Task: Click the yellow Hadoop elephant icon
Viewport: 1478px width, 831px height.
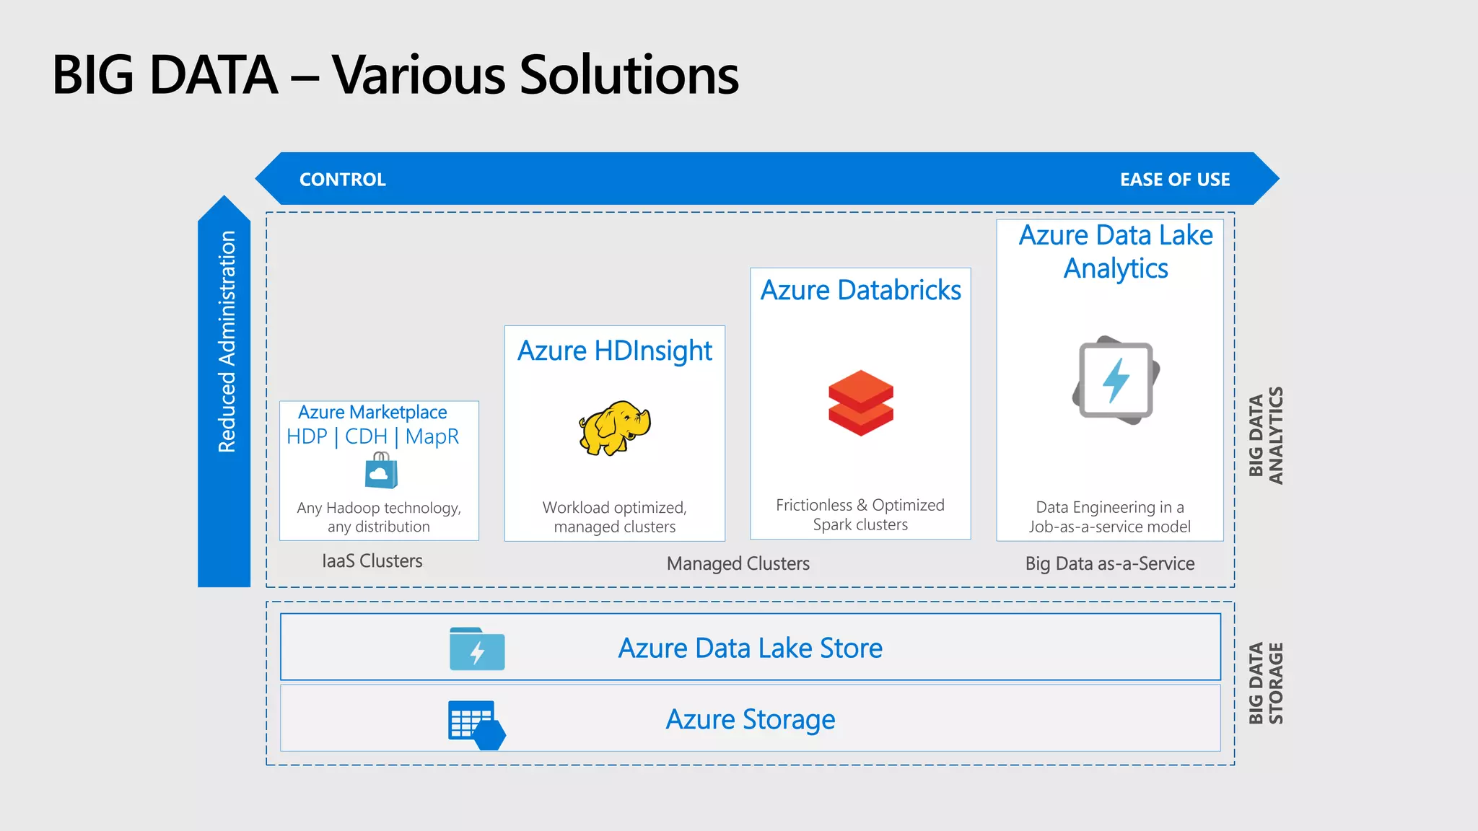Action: pyautogui.click(x=614, y=428)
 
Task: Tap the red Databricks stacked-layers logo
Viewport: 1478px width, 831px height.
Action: pyautogui.click(x=860, y=403)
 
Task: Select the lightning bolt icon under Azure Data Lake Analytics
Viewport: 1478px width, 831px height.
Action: pyautogui.click(x=1116, y=380)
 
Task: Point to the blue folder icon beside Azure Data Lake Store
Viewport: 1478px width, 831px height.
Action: pyautogui.click(x=477, y=648)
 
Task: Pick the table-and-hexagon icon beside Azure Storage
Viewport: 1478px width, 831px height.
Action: pyautogui.click(x=476, y=724)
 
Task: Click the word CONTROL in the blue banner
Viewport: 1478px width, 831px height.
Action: pyautogui.click(x=343, y=180)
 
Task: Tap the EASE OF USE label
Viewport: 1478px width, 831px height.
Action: pyautogui.click(x=1175, y=180)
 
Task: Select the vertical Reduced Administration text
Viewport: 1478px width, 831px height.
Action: pyautogui.click(x=227, y=342)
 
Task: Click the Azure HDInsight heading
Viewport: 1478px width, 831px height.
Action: pyautogui.click(x=615, y=351)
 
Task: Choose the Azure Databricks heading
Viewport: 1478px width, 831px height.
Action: pyautogui.click(x=860, y=290)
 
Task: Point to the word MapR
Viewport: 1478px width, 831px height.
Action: pyautogui.click(x=432, y=436)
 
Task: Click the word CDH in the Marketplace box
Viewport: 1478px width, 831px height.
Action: pyautogui.click(x=366, y=436)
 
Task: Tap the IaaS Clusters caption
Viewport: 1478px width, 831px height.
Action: pyautogui.click(x=372, y=561)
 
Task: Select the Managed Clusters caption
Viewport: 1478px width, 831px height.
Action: pyautogui.click(x=738, y=563)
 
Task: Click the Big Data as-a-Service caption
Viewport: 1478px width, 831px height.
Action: pyautogui.click(x=1110, y=563)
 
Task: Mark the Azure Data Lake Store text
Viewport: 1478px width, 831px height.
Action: pyautogui.click(x=750, y=648)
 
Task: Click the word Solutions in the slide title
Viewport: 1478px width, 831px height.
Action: pyautogui.click(x=629, y=75)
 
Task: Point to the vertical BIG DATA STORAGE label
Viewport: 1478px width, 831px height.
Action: pyautogui.click(x=1266, y=683)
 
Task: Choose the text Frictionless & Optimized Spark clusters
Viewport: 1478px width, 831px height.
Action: pyautogui.click(x=860, y=515)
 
